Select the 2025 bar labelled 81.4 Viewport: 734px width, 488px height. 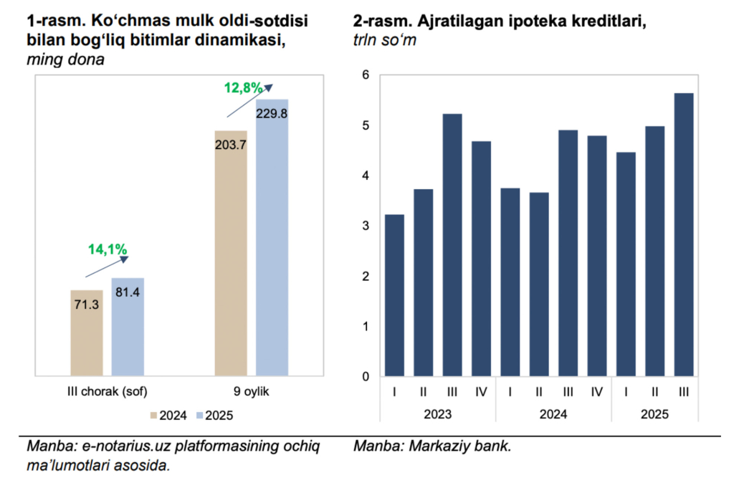click(128, 326)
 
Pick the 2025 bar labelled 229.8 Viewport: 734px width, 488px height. click(272, 236)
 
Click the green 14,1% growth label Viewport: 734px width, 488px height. click(108, 249)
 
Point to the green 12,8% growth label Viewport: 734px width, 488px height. click(244, 88)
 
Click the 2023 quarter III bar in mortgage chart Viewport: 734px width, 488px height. click(452, 244)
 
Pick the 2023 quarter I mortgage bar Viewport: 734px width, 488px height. click(394, 295)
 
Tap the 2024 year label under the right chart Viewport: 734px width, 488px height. click(553, 414)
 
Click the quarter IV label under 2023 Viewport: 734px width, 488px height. click(481, 392)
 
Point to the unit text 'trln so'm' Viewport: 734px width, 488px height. click(384, 42)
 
